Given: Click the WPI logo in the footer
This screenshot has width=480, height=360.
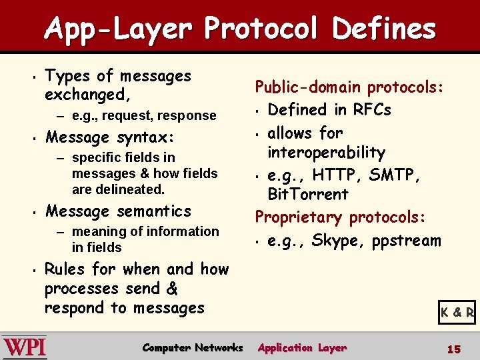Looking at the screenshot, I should [x=25, y=347].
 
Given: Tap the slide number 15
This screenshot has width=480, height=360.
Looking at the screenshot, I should [x=453, y=349].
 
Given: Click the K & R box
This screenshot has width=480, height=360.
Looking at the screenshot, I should [x=457, y=311].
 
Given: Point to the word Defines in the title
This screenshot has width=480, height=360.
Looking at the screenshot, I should [x=384, y=29].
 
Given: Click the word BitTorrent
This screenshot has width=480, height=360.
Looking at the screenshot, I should [x=307, y=195].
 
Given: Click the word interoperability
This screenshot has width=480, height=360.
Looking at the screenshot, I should [x=326, y=153].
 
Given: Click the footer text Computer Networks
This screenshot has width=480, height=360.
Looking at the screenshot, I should [x=193, y=347].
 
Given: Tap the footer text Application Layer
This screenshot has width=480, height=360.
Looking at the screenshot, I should [x=302, y=347].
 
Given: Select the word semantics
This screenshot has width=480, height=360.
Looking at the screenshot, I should [x=154, y=211].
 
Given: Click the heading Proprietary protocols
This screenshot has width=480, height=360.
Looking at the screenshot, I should [x=340, y=217].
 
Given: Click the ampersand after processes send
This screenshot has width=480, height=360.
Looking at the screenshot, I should [x=171, y=289].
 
